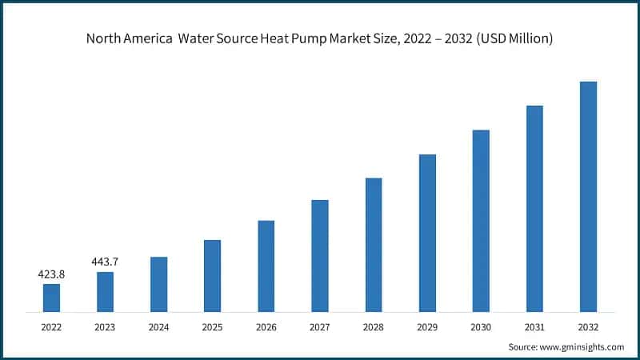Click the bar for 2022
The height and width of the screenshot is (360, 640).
51,297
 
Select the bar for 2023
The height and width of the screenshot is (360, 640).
105,291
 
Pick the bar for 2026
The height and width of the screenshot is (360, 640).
266,266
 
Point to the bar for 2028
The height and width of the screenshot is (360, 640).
374,244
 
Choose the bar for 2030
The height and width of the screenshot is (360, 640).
481,220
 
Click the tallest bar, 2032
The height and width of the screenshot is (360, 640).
588,196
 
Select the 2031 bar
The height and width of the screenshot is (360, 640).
534,208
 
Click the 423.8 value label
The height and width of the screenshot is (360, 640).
51,274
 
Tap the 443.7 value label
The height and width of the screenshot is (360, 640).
105,262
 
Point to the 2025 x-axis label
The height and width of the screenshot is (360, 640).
212,326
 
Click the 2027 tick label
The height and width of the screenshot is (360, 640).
319,326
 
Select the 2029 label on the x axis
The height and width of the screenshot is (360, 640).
427,326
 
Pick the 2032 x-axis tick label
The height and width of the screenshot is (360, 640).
588,326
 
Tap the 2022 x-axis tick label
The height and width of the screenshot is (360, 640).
51,326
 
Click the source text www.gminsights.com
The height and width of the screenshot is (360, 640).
582,347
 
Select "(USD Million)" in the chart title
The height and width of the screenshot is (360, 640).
512,38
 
